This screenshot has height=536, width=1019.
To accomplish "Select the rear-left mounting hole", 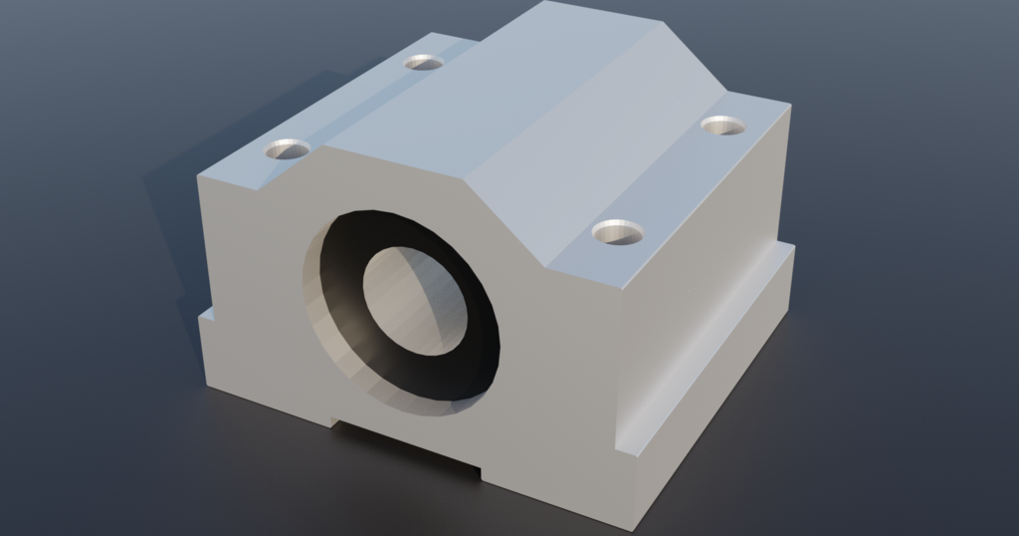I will click(x=423, y=63).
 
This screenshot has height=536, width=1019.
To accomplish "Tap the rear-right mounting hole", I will click(x=722, y=126).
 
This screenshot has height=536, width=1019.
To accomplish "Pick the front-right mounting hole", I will click(x=617, y=233).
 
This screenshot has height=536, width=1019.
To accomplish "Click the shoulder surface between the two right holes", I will click(x=677, y=179).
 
